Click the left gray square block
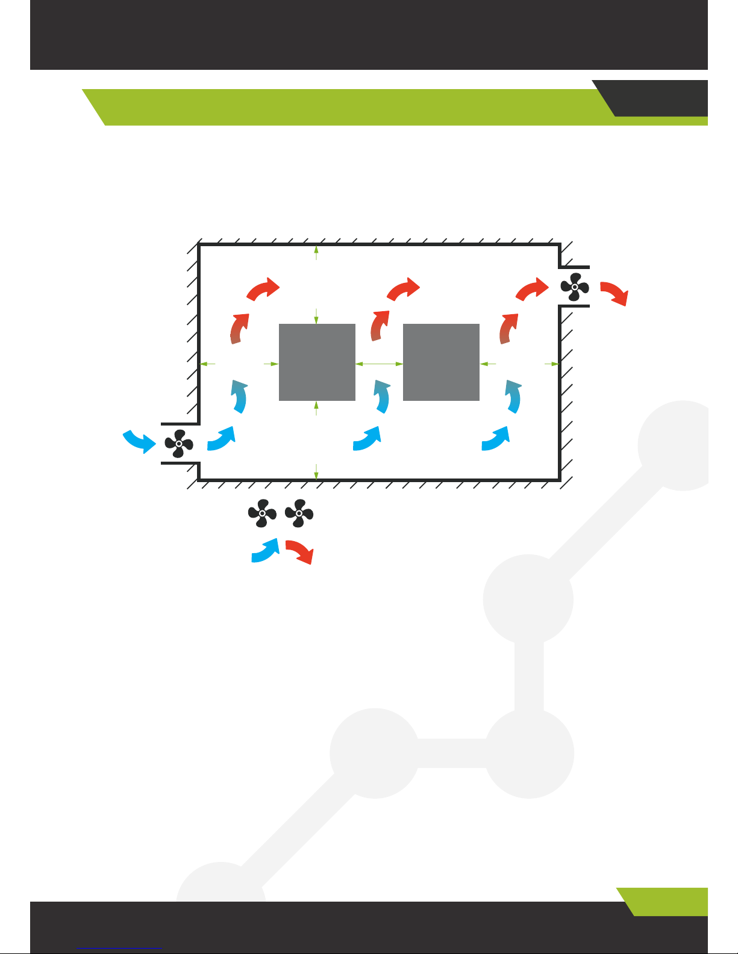317,362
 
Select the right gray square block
441,362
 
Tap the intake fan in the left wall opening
179,444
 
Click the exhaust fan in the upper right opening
575,287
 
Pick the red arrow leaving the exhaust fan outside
615,293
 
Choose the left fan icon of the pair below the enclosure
262,513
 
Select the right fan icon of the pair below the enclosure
299,513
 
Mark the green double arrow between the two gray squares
379,364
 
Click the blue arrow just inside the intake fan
220,438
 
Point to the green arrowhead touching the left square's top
316,320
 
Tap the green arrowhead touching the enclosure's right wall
555,364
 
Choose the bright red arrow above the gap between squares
403,289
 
